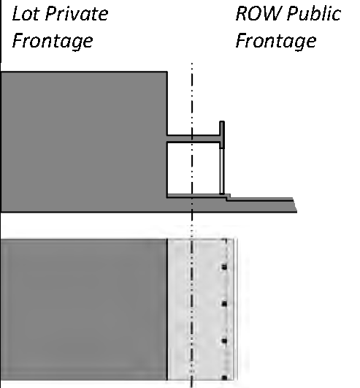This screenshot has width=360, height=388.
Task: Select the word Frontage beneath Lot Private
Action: tap(53, 41)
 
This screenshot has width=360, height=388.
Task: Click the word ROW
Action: tap(257, 13)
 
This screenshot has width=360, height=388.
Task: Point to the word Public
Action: tap(314, 13)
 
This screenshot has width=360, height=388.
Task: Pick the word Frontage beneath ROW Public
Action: tap(276, 41)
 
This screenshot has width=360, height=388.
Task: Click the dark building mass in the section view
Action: tap(84, 141)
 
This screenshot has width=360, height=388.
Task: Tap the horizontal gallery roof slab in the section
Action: tap(194, 139)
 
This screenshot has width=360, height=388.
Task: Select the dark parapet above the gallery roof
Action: tap(222, 134)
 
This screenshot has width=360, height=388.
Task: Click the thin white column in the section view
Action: tap(222, 171)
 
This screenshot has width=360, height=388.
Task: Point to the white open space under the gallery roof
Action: tap(194, 168)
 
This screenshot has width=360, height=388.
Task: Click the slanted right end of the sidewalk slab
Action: tap(295, 205)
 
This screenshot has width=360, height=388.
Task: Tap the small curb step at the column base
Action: tap(228, 197)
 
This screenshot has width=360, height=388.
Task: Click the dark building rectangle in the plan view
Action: tap(84, 309)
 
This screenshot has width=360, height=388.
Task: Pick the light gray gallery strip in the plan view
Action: tap(202, 309)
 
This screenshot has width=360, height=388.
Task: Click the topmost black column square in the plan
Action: tap(224, 267)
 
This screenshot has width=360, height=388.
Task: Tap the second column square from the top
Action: tap(224, 304)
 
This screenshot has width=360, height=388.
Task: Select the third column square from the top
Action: tap(224, 341)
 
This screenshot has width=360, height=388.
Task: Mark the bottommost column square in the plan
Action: tap(224, 378)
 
